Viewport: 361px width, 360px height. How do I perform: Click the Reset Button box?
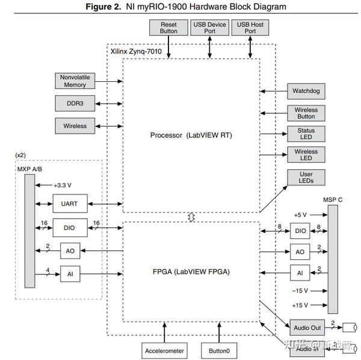(x=168, y=27)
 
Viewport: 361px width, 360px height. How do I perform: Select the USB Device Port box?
(x=209, y=27)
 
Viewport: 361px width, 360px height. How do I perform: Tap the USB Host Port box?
(x=250, y=27)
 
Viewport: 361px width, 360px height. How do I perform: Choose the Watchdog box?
(x=306, y=92)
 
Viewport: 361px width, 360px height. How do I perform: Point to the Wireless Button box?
(x=306, y=113)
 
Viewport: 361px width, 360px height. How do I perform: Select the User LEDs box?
(x=306, y=178)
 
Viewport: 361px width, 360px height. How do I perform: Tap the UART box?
(x=70, y=203)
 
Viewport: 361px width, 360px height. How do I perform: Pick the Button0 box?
(x=219, y=349)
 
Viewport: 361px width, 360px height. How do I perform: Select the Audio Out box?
(x=307, y=327)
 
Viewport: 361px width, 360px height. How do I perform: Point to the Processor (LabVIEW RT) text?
(x=191, y=135)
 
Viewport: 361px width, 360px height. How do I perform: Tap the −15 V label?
(x=300, y=291)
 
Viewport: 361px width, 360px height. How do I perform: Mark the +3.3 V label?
(x=63, y=185)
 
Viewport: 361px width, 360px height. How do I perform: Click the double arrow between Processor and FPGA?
(x=191, y=217)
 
